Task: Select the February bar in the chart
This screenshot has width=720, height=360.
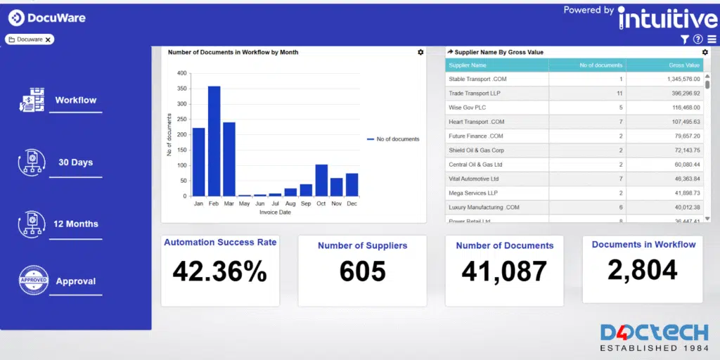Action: point(214,141)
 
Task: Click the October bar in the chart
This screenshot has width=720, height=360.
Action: point(321,180)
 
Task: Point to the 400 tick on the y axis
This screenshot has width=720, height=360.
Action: point(182,73)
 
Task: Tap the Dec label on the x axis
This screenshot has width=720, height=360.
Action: point(352,203)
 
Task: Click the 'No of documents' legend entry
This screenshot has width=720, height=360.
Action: point(393,139)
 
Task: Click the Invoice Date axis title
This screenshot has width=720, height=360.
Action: point(275,212)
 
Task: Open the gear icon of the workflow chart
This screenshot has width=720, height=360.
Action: point(420,52)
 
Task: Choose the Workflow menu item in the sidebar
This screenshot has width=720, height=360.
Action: point(76,101)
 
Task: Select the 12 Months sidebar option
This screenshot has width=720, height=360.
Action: point(76,224)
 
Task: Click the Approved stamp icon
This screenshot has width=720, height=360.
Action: point(33,281)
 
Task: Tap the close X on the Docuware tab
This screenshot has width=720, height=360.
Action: point(48,39)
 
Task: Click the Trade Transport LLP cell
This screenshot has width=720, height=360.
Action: point(475,94)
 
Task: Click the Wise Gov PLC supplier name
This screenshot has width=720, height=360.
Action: point(468,108)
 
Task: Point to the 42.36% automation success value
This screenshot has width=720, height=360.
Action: point(219,271)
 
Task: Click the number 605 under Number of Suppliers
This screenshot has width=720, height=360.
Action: point(362,271)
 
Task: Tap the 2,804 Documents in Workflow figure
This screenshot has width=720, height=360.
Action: point(643,270)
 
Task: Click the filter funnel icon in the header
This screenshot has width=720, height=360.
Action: point(685,39)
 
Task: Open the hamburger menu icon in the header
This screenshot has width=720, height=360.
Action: point(712,39)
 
